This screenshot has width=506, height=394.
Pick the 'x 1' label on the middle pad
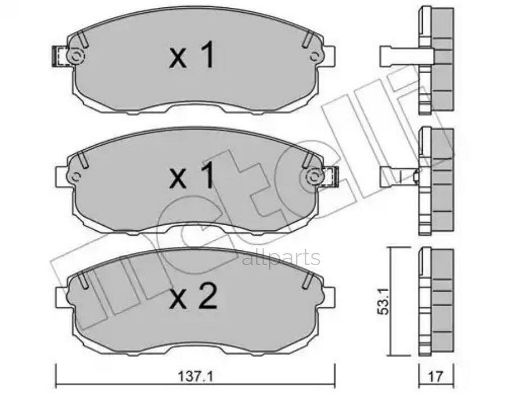[x=192, y=177]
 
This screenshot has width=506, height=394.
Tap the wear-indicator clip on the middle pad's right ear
[x=332, y=177]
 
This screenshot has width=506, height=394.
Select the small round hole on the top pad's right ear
[x=315, y=55]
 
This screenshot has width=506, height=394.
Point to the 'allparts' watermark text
[x=281, y=258]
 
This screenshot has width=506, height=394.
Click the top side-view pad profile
[x=436, y=59]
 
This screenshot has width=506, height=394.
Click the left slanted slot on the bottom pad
[x=83, y=280]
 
